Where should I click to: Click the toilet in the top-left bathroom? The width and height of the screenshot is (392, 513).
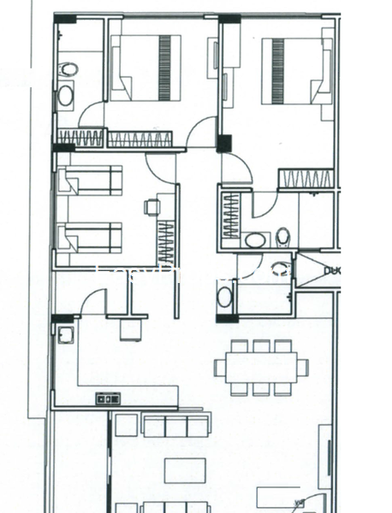68,69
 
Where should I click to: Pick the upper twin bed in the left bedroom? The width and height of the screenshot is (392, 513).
90,180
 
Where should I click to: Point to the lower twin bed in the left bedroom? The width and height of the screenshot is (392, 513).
90,237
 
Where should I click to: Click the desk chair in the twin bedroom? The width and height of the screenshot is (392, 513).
151,206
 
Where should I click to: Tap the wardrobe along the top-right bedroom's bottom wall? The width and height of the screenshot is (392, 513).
305,179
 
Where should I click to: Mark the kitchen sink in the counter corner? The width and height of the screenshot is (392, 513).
66,334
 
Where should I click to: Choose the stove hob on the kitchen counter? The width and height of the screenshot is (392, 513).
108,398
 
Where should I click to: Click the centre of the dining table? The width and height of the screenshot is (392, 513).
261,368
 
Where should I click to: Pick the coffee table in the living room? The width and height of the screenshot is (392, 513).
185,470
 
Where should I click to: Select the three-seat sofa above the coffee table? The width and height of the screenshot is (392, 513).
175,426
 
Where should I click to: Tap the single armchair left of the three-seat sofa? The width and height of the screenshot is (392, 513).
126,425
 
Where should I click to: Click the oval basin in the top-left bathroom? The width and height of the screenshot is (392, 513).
65,96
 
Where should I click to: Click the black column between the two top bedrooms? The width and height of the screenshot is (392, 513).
224,143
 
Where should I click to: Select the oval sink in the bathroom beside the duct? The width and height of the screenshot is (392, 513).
225,297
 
